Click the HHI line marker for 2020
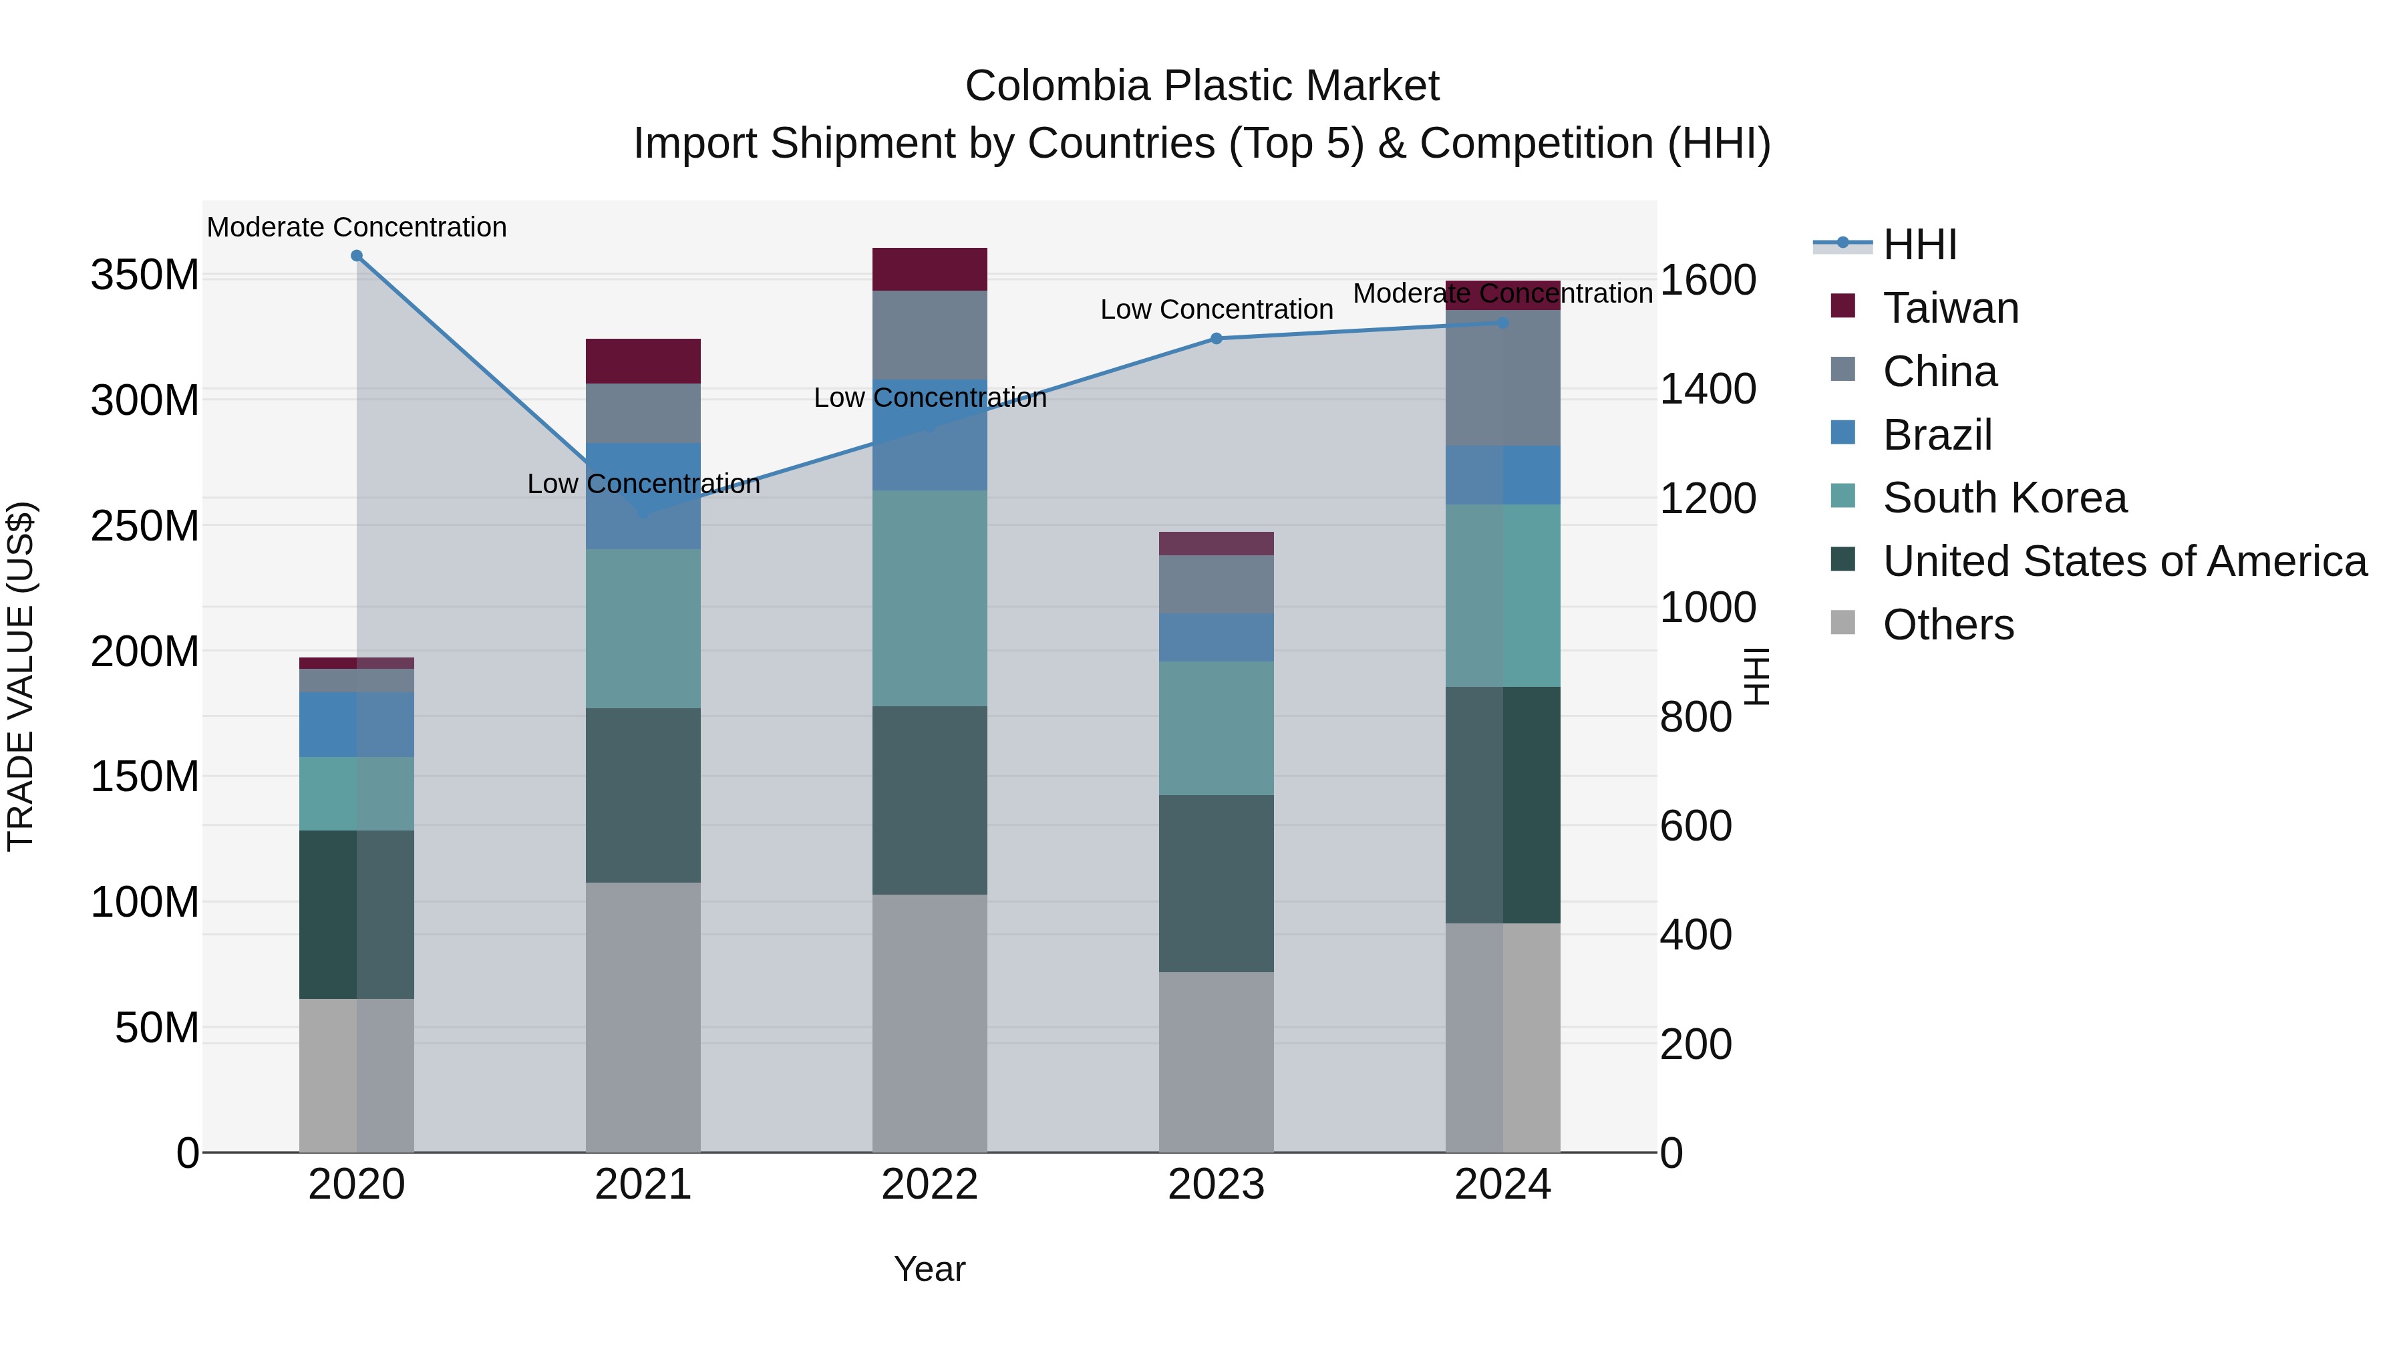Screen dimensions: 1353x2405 coord(357,256)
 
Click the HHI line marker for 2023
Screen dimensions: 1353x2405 coord(1216,339)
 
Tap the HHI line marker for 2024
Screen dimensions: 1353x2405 coord(1502,323)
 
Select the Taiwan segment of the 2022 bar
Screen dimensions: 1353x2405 coord(929,270)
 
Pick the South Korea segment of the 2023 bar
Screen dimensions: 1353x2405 coord(1216,728)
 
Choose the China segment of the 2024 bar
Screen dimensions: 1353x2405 coord(1502,378)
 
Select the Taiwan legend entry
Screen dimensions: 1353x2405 coord(1949,308)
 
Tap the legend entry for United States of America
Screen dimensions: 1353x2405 coord(2124,561)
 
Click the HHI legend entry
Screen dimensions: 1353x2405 coord(1919,245)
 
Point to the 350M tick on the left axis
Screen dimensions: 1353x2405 coord(145,275)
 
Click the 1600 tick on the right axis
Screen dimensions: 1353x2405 coord(1708,279)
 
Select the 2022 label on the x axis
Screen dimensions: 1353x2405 coord(929,1185)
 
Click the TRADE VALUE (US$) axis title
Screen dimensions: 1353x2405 coord(21,676)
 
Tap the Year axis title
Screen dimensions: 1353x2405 coord(929,1269)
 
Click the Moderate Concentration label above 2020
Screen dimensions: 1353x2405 coord(357,227)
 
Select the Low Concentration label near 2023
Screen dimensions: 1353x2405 coord(1216,309)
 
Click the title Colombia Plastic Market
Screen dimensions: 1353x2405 coord(1202,86)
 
